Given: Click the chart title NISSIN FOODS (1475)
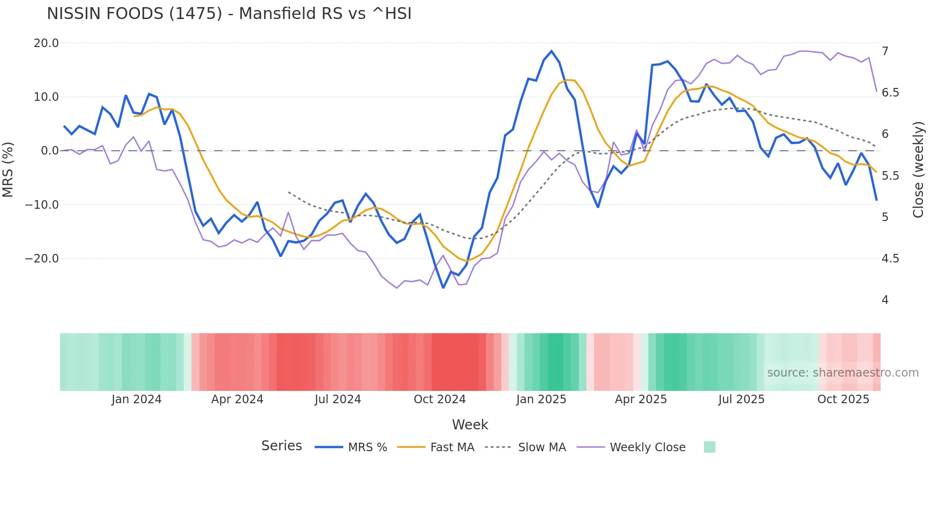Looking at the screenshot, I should [229, 14].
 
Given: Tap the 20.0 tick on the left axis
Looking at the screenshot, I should [46, 43].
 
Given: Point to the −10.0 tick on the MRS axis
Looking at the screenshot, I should [42, 205].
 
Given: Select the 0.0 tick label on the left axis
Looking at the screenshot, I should [50, 151].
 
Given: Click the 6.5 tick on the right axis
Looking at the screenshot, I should [890, 93].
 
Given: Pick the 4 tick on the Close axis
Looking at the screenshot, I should [885, 300].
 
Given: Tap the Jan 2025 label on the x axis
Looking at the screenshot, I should [541, 399].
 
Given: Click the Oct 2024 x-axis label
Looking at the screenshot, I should [439, 399].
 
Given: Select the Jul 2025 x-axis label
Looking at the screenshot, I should [741, 399].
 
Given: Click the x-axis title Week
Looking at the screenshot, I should [470, 425].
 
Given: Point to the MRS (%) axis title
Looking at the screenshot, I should [8, 169].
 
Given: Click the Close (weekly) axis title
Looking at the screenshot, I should [918, 170].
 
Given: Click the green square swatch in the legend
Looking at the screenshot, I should [709, 447].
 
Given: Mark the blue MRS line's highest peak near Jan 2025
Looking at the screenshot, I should [552, 51].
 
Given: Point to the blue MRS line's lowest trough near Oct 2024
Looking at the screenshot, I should [443, 288].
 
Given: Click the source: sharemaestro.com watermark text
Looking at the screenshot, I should [843, 373].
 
